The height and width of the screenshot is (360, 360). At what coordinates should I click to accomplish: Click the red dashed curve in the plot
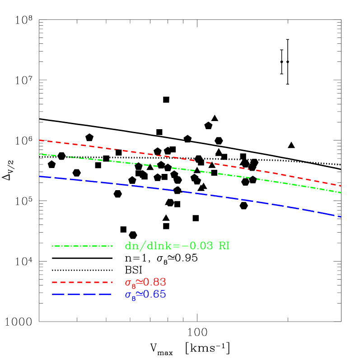pyautogui.click(x=181, y=158)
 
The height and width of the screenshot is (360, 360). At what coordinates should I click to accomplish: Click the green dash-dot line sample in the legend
pyautogui.click(x=82, y=246)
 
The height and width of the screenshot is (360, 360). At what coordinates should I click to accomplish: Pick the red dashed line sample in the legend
pyautogui.click(x=82, y=282)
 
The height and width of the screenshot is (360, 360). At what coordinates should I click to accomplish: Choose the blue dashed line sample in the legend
pyautogui.click(x=82, y=295)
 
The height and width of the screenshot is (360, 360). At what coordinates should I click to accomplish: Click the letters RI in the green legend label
pyautogui.click(x=224, y=246)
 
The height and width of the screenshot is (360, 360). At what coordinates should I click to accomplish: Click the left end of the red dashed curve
pyautogui.click(x=40, y=140)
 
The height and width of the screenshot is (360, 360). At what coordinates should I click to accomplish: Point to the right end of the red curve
pyautogui.click(x=340, y=186)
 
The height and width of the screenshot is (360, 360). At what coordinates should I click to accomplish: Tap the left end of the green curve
pyautogui.click(x=40, y=154)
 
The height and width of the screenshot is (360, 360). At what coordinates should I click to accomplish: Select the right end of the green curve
pyautogui.click(x=340, y=192)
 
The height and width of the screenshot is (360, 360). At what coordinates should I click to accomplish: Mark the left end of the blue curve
pyautogui.click(x=40, y=177)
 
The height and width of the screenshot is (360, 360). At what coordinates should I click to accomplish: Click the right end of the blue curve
pyautogui.click(x=340, y=217)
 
